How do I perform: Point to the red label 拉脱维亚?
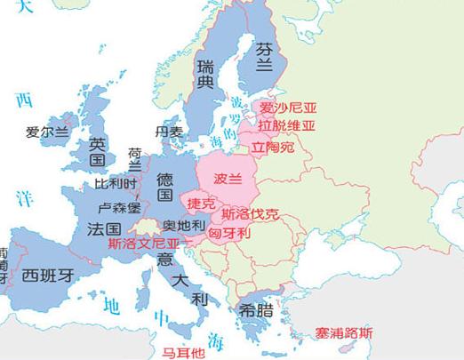[287, 127]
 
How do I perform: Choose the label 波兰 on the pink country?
[228, 178]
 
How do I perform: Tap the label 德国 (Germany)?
[164, 188]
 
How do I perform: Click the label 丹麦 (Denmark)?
[169, 132]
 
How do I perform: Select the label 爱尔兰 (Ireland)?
[47, 132]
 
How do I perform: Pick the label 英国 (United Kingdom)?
[98, 153]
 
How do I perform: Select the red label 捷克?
[201, 204]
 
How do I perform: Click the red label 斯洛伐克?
[250, 214]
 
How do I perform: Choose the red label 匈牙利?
[234, 234]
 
